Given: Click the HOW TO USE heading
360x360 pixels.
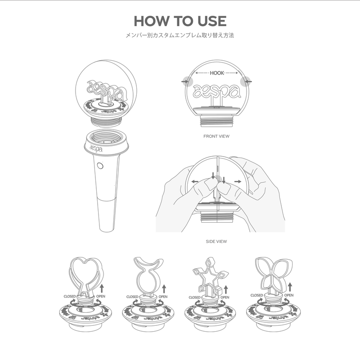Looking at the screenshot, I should pyautogui.click(x=180, y=21).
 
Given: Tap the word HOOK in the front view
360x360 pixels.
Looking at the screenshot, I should pyautogui.click(x=217, y=72).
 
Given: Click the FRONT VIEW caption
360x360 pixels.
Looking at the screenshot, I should pyautogui.click(x=216, y=135).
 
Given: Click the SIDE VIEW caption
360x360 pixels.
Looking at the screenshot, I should pyautogui.click(x=216, y=241).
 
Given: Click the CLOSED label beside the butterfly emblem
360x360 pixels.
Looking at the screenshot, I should pyautogui.click(x=256, y=296).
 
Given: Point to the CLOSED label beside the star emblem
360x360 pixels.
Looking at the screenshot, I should pyautogui.click(x=194, y=297).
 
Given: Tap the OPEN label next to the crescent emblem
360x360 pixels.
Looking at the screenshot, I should pyautogui.click(x=162, y=297).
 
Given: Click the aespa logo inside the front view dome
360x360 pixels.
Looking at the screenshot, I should pyautogui.click(x=216, y=91).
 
